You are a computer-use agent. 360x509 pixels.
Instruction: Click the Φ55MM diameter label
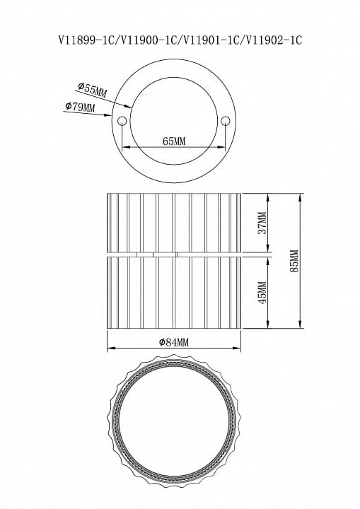[92, 90]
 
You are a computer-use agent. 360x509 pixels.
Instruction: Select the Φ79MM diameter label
[80, 106]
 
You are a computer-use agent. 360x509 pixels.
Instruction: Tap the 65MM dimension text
[174, 141]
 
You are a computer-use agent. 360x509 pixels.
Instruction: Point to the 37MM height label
[262, 223]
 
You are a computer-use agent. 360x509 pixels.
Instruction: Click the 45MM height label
[262, 293]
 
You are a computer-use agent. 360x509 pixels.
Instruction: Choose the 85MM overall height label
[294, 261]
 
